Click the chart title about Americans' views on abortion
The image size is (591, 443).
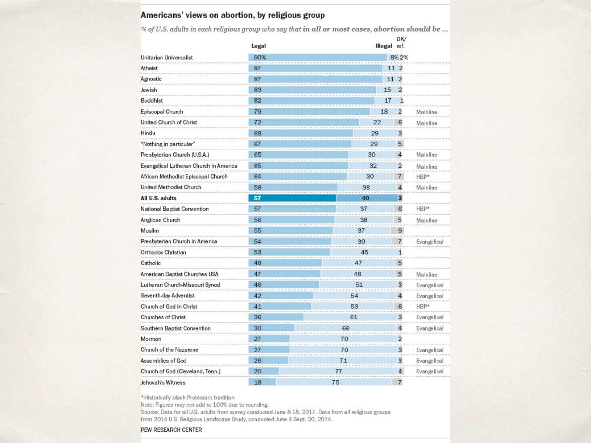tap(233, 15)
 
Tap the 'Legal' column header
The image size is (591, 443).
tap(258, 46)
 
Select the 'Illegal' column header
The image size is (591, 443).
tap(384, 46)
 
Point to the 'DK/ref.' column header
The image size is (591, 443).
tap(401, 42)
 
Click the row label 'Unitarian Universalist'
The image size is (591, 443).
tap(167, 58)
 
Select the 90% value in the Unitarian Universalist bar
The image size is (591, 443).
tap(260, 58)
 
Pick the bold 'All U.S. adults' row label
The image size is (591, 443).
tap(158, 198)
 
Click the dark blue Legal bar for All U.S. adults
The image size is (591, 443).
tap(292, 198)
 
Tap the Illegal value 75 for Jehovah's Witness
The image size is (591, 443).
tap(336, 382)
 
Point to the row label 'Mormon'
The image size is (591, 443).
tap(151, 339)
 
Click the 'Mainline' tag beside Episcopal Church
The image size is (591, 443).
tap(427, 112)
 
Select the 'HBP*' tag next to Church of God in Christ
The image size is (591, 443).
tap(423, 307)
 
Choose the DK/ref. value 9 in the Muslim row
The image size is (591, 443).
tap(400, 231)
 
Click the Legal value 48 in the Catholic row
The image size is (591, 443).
tap(258, 263)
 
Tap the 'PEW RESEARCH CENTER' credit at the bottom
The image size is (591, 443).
tap(171, 430)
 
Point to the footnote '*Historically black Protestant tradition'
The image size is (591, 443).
tap(187, 397)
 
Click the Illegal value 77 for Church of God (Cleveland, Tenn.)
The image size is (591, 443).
tap(339, 371)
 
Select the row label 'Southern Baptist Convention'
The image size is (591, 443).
tap(175, 328)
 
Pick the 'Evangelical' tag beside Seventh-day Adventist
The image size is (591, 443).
tap(430, 296)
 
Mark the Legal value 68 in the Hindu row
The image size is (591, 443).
tap(258, 133)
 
